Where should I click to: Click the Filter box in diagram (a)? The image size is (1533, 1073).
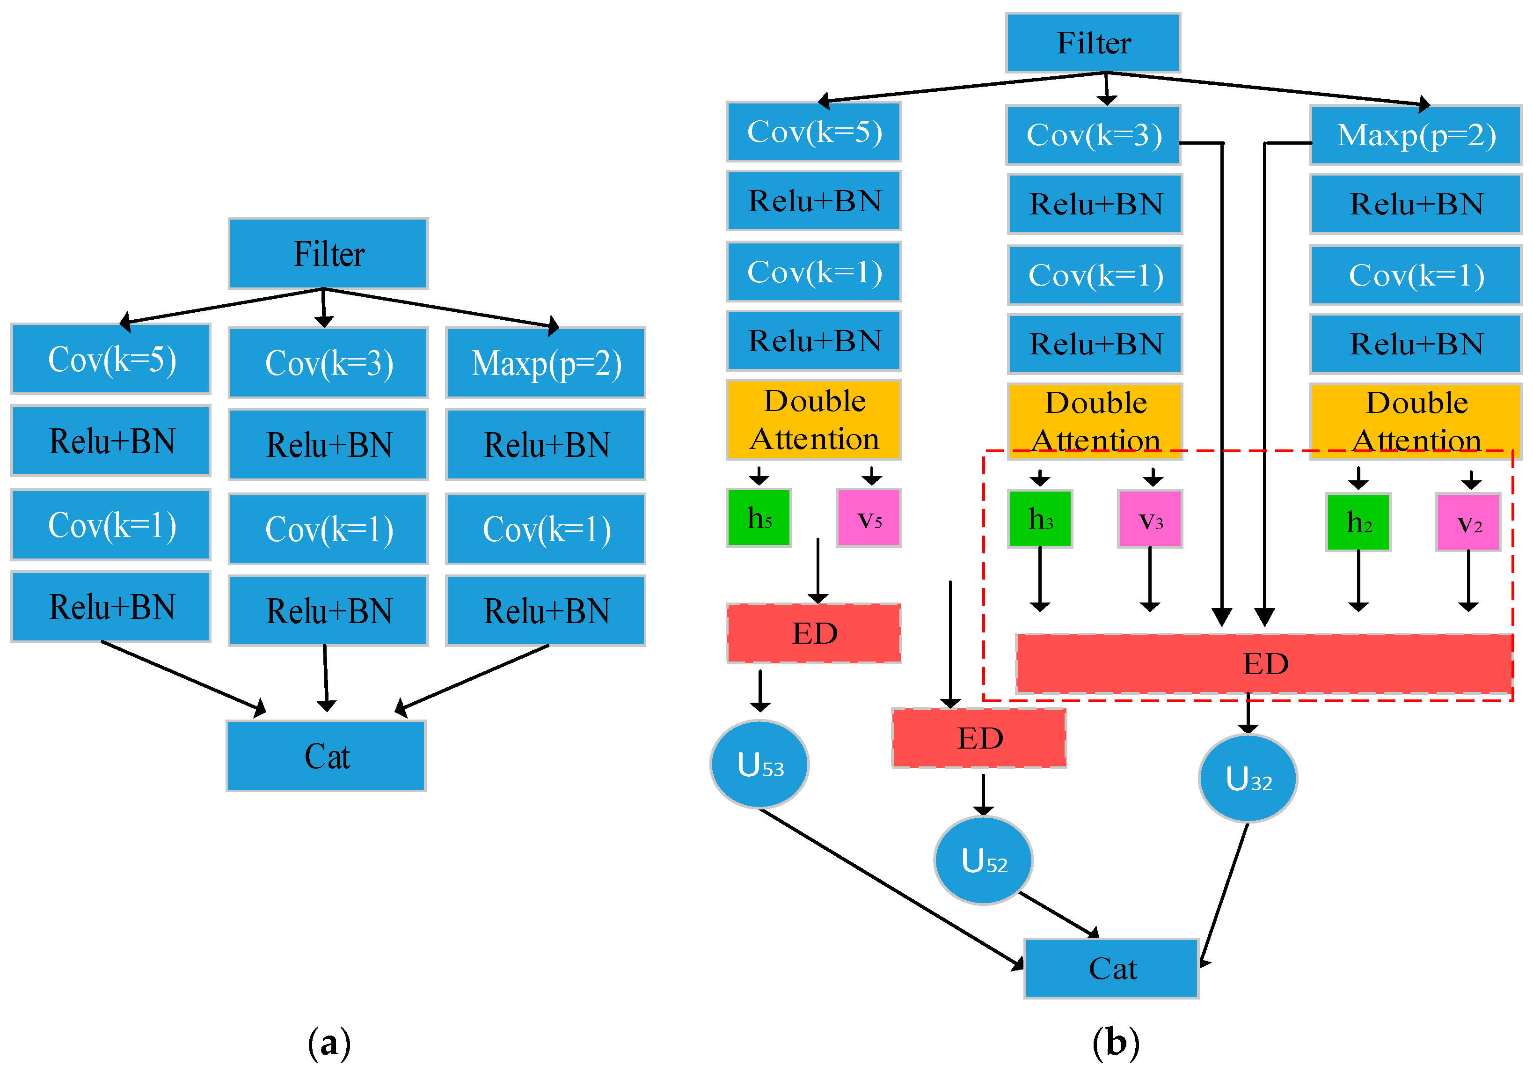pyautogui.click(x=328, y=253)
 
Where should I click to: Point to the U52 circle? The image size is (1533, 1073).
pyautogui.click(x=983, y=860)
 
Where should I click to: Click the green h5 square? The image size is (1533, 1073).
pyautogui.click(x=759, y=518)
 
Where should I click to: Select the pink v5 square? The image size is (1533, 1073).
pyautogui.click(x=869, y=518)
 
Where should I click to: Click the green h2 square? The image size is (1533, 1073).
pyautogui.click(x=1358, y=522)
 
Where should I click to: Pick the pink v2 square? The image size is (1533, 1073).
pyautogui.click(x=1468, y=522)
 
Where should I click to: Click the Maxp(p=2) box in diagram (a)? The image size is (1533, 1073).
pyautogui.click(x=546, y=363)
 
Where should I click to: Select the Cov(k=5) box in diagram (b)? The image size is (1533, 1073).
pyautogui.click(x=813, y=132)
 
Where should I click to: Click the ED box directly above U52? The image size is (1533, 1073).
pyautogui.click(x=979, y=738)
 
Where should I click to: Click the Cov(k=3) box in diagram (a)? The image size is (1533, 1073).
pyautogui.click(x=328, y=363)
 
